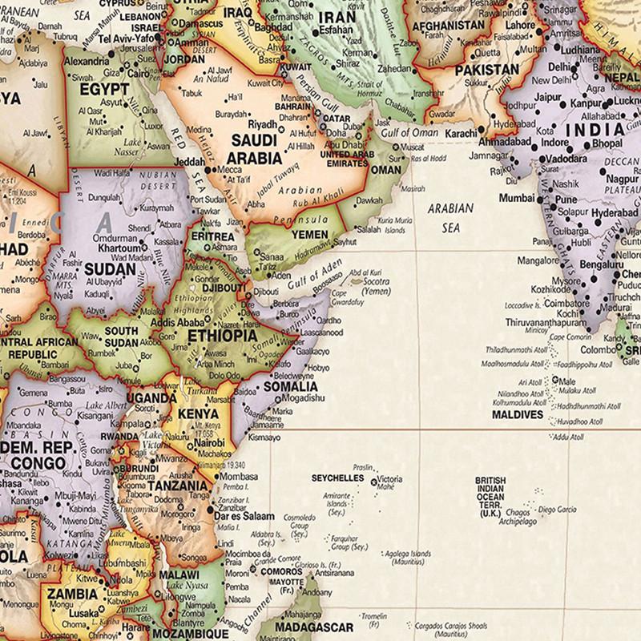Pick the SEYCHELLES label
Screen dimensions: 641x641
(337, 479)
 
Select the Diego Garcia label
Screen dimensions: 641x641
(556, 510)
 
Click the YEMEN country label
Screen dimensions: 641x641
(309, 235)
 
